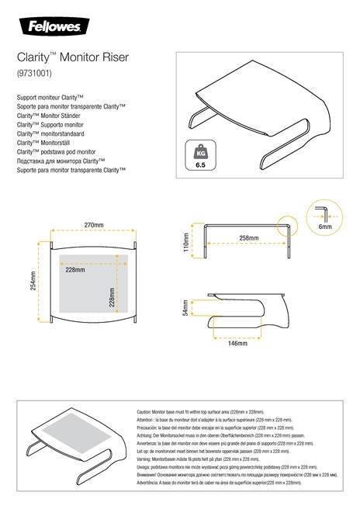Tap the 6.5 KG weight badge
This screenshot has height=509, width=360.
click(201, 155)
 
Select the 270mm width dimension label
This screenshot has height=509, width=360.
click(94, 226)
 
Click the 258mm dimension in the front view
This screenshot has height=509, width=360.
click(248, 237)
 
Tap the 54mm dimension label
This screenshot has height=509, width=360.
click(185, 309)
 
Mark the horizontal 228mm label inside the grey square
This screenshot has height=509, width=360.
click(75, 270)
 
